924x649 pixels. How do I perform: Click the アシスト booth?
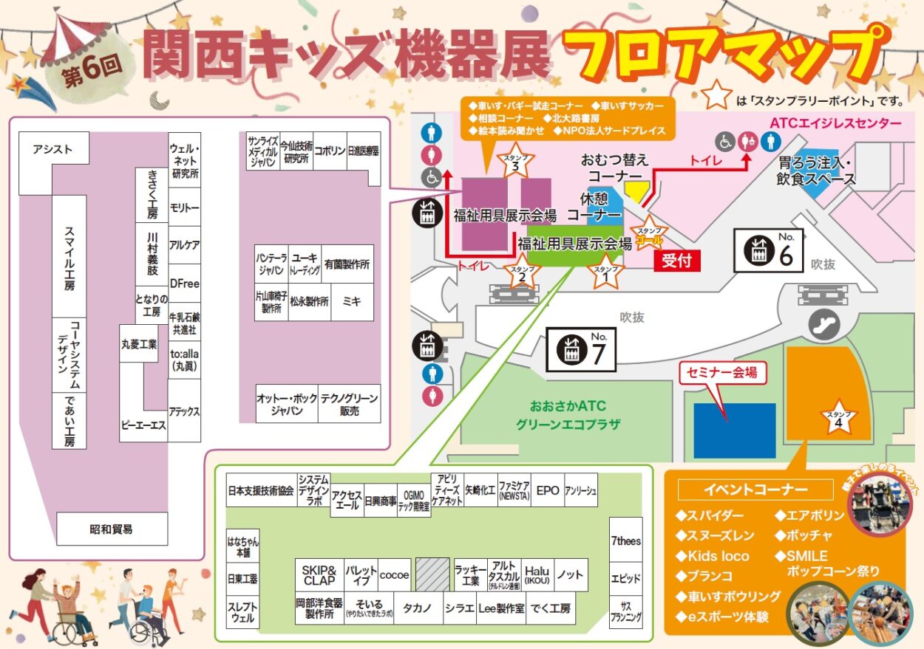53,150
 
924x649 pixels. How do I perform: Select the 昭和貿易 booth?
112,529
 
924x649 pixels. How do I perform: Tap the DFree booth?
184,284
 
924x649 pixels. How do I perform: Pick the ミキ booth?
352,301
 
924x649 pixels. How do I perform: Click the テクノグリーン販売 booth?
350,404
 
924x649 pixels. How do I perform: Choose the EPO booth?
547,490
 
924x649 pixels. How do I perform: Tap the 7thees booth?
625,541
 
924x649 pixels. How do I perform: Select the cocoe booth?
394,574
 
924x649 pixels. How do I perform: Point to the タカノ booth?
418,608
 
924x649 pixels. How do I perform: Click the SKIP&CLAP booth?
319,574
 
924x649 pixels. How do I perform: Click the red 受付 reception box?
676,261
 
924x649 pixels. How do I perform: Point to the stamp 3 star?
515,164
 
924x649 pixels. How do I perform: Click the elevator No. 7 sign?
580,350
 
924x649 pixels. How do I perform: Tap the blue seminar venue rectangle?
734,430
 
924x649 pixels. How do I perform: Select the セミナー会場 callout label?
723,373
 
